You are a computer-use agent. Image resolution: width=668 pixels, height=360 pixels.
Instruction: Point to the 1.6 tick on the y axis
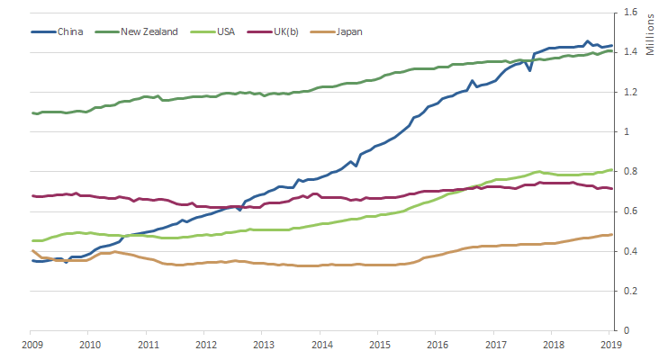627,13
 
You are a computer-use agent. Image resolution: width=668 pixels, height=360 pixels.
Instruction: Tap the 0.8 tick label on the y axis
627,172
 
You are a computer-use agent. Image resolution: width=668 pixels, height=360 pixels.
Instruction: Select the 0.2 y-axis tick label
627,292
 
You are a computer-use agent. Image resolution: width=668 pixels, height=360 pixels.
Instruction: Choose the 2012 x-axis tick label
205,345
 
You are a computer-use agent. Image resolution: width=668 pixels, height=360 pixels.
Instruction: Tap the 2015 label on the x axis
380,345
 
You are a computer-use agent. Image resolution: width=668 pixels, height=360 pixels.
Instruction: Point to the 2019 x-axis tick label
612,345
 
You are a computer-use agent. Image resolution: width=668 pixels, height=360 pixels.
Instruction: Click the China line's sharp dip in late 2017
529,69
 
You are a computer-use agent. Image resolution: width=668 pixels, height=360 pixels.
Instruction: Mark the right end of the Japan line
612,235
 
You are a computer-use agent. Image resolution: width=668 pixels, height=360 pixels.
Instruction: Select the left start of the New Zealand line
32,112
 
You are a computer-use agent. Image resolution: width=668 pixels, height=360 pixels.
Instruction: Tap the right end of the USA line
612,169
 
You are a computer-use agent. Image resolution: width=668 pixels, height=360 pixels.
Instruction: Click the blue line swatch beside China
43,31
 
